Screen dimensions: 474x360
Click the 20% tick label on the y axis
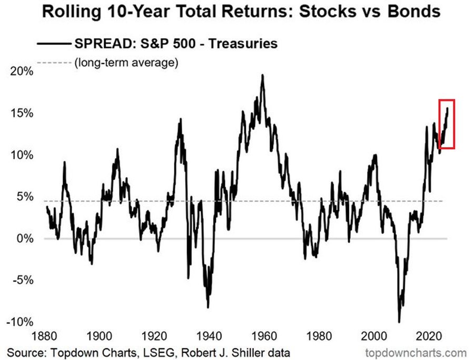pos(22,71)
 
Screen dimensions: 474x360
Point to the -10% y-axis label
pos(20,322)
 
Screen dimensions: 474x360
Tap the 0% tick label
pos(25,239)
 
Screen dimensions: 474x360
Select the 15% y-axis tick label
pos(22,113)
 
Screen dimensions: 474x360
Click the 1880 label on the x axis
pos(44,336)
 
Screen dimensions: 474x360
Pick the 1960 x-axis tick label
pos(264,336)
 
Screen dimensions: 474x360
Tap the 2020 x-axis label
pos(429,336)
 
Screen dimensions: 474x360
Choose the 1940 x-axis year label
pos(209,336)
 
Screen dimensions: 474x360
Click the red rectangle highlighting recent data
pos(447,100)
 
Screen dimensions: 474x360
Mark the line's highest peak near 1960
pos(262,75)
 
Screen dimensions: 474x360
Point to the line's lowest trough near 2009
pos(399,322)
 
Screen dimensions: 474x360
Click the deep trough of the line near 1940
pos(208,307)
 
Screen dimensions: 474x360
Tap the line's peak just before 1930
pos(181,119)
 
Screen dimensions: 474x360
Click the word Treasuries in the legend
pos(243,44)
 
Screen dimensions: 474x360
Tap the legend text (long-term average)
pos(126,63)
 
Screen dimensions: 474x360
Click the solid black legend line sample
pos(54,44)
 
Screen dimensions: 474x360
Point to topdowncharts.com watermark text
pos(416,353)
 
